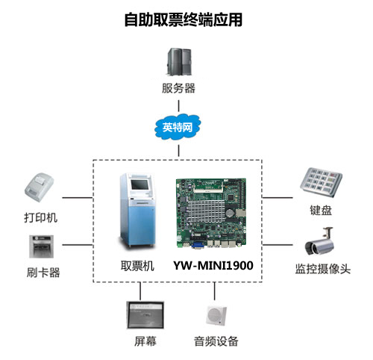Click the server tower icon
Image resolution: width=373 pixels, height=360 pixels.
tap(179, 62)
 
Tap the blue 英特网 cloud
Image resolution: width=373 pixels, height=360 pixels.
tap(178, 127)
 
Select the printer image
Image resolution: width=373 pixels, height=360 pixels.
tap(39, 187)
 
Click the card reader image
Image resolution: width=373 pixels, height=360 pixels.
tap(41, 246)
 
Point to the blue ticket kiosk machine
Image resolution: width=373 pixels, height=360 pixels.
tap(137, 211)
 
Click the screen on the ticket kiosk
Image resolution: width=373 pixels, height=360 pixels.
tap(140, 184)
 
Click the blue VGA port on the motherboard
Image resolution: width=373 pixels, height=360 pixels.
tap(198, 244)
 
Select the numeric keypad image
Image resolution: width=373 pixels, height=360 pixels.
tap(321, 182)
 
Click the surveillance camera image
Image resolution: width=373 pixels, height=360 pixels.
tap(319, 241)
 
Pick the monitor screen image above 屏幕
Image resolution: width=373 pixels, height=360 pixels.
tap(145, 315)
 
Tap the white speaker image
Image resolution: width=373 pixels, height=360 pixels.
tap(216, 316)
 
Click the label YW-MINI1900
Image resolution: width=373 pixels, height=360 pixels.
tap(213, 265)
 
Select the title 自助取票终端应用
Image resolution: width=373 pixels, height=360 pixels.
tap(184, 19)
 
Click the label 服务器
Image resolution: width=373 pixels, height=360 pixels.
tap(178, 88)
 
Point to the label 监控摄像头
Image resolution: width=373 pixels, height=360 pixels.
tap(323, 269)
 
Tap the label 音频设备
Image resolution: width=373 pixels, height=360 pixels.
tap(216, 341)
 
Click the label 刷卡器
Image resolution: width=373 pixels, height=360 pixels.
tap(43, 272)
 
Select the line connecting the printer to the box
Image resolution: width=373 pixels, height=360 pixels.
tap(78, 198)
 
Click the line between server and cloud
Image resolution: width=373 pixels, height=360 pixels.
tap(178, 106)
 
